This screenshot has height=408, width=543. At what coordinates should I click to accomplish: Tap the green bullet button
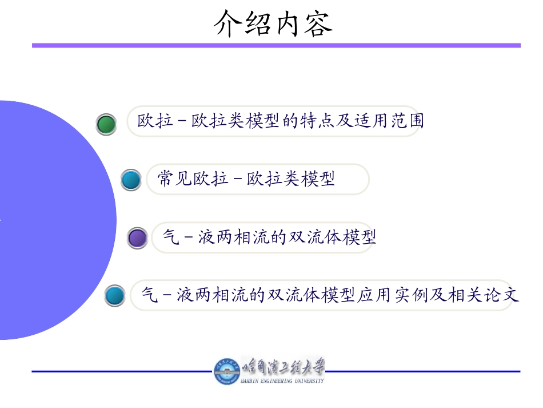tap(106, 124)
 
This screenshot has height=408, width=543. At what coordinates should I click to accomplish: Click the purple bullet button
tap(138, 238)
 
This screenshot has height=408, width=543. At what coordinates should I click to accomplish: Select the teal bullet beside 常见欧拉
tap(131, 180)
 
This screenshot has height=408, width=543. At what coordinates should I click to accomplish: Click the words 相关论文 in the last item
tap(483, 295)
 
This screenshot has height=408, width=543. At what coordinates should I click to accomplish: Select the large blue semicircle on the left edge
tap(51, 220)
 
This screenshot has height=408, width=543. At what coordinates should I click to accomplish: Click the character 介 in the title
tap(227, 23)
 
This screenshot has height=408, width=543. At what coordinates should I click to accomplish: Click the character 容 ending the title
tap(318, 23)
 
